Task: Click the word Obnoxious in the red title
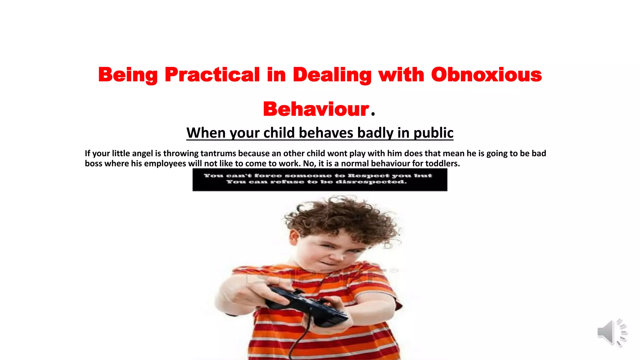486,75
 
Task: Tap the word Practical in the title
212,75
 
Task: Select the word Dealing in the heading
332,75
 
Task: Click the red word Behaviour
316,109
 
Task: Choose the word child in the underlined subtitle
279,133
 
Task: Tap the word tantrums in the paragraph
218,153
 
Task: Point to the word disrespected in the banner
371,182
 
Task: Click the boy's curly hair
341,216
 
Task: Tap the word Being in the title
128,75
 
